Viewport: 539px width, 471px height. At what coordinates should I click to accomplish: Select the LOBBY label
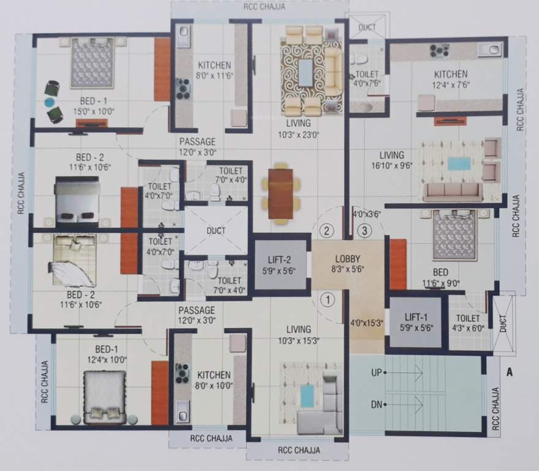[347, 258]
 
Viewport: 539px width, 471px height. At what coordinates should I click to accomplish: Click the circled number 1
[328, 301]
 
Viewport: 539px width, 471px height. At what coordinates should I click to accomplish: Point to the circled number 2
[328, 231]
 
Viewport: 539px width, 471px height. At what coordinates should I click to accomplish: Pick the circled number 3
[365, 231]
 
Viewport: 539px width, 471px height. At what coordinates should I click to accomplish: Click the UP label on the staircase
[377, 372]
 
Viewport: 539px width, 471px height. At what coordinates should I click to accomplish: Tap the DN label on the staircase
[377, 405]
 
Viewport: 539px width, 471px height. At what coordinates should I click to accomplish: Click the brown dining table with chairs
[281, 193]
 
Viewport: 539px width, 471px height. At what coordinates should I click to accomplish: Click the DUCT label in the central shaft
[216, 231]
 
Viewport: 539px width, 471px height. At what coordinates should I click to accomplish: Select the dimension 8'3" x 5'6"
[347, 269]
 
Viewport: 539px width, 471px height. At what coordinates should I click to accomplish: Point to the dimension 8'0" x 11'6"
[214, 76]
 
